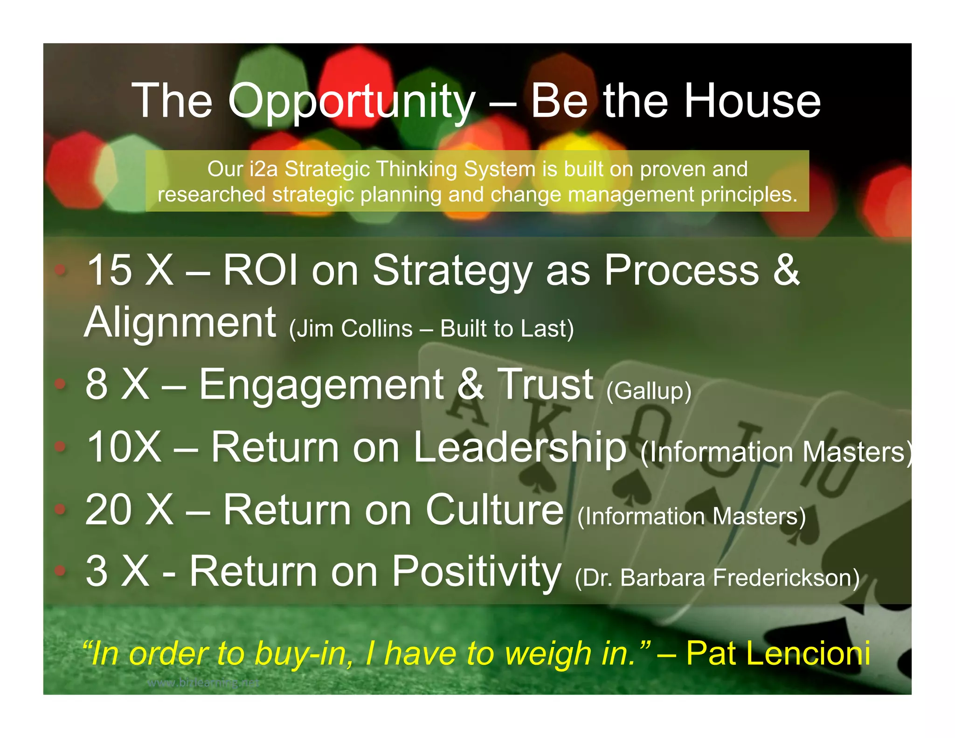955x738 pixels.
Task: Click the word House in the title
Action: coord(751,101)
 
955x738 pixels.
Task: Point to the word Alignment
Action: coord(180,322)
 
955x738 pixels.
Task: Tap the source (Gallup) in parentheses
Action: coord(649,391)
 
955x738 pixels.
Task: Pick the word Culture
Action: coord(494,510)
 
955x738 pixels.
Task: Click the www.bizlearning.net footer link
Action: coord(203,683)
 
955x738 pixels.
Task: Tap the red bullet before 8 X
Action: coord(60,384)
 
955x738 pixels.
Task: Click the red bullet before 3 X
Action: coord(60,571)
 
